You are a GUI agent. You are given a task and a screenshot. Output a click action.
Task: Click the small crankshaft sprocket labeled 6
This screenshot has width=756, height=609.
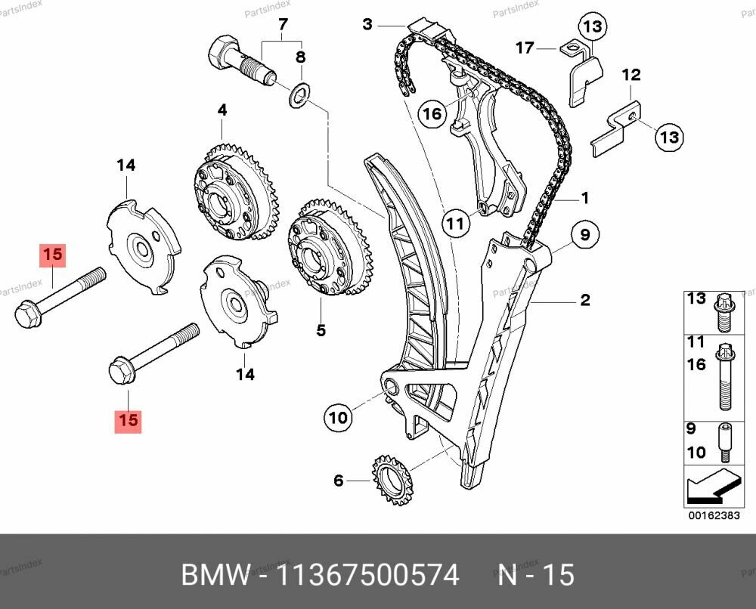click(x=392, y=480)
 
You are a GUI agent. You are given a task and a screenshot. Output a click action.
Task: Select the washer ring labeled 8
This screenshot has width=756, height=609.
click(x=299, y=95)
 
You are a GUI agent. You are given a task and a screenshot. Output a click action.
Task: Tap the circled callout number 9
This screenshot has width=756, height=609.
click(x=585, y=235)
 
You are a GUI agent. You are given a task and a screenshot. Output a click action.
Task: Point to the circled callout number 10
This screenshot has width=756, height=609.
click(x=339, y=417)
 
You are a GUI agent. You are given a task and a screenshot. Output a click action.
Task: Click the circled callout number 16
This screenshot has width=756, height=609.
click(x=432, y=113)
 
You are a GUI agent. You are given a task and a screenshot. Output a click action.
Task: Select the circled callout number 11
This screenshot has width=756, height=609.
click(x=455, y=223)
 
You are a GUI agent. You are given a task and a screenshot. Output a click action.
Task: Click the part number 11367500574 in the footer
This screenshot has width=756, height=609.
click(x=368, y=575)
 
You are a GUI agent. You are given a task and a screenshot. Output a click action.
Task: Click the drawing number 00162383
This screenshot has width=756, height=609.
click(x=714, y=515)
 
